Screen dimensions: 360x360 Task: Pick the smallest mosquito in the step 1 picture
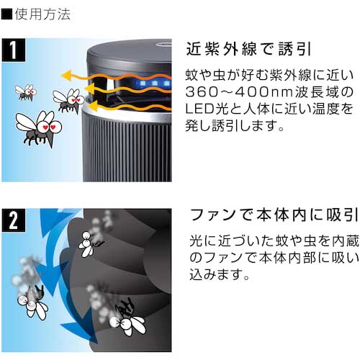click(26, 91)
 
